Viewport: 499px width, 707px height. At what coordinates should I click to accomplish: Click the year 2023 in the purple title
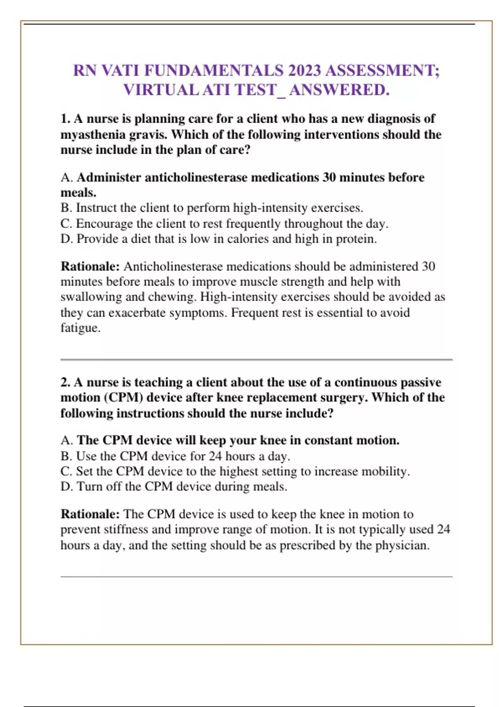click(x=304, y=71)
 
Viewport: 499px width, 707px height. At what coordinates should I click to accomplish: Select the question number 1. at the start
click(x=65, y=119)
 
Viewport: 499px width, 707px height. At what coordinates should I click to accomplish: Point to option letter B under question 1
click(x=66, y=208)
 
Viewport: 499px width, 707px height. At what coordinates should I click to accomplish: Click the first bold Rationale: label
click(x=90, y=267)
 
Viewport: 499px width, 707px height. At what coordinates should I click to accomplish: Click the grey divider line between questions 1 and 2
click(x=256, y=359)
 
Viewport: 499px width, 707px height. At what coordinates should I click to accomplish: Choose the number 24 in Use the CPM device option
click(x=215, y=456)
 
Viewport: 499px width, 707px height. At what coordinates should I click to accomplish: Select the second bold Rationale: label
click(x=90, y=514)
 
